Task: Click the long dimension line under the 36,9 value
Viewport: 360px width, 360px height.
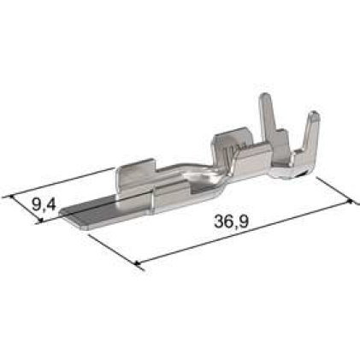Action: tap(248, 232)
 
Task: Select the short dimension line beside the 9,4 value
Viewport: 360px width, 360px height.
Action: tap(26, 210)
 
